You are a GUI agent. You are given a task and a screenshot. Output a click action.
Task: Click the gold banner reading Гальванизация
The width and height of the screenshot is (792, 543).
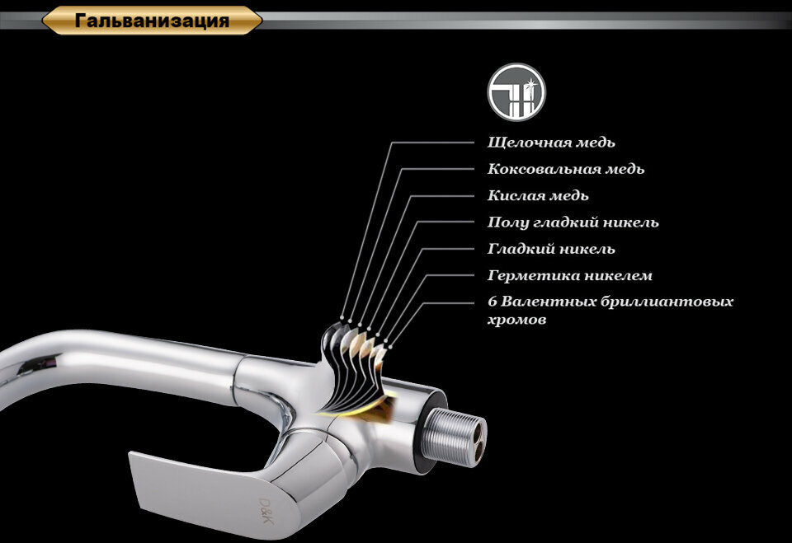coord(152,21)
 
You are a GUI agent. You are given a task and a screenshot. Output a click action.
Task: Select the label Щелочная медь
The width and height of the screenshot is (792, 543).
coord(551,143)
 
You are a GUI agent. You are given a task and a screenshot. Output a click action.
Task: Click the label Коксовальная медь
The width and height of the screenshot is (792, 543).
coord(566,169)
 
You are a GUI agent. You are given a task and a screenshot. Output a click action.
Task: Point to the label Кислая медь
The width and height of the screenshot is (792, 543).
coord(538,195)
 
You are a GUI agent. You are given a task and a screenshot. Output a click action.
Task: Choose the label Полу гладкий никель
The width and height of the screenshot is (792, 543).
coord(573,222)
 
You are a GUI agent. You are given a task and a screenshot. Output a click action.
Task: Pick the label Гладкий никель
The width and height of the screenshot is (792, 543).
coord(551,248)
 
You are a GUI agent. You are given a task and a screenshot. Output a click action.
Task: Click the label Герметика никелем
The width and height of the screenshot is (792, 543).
coord(570,275)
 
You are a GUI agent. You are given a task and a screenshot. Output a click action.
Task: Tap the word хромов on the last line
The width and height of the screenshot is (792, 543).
coord(516,320)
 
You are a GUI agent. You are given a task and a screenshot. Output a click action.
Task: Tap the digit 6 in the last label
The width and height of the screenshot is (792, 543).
coord(493,302)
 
